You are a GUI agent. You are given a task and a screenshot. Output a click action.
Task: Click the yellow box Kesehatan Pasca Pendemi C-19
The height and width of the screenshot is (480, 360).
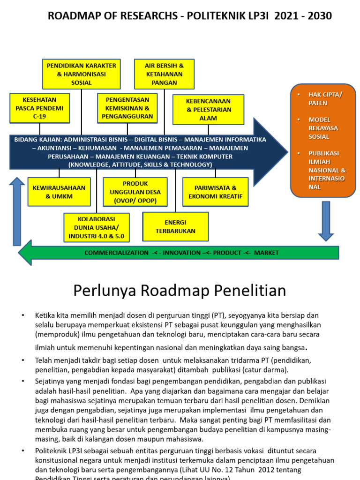(x=40, y=108)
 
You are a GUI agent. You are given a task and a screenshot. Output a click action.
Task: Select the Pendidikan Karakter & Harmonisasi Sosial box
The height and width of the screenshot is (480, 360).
(x=82, y=74)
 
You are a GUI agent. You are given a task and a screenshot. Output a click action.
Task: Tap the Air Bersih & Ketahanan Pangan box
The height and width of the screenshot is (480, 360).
(x=164, y=74)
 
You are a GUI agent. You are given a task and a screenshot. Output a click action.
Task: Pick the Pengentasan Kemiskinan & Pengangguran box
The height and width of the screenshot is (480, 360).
(x=127, y=108)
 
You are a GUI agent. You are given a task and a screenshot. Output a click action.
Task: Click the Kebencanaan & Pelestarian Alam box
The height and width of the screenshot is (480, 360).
(x=208, y=110)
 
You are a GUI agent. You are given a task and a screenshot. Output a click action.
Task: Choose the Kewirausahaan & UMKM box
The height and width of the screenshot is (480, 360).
(x=59, y=192)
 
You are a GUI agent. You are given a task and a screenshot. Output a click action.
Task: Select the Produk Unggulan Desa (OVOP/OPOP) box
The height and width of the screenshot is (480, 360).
(x=135, y=192)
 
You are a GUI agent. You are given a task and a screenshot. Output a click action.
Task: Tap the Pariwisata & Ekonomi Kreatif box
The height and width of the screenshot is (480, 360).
(x=215, y=192)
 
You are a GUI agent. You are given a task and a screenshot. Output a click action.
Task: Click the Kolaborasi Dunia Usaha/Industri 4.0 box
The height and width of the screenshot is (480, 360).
(x=97, y=227)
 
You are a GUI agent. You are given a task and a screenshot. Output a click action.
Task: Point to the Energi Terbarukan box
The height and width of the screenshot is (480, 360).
(x=175, y=226)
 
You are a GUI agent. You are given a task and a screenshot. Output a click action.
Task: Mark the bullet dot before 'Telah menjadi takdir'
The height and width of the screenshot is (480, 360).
(x=22, y=360)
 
